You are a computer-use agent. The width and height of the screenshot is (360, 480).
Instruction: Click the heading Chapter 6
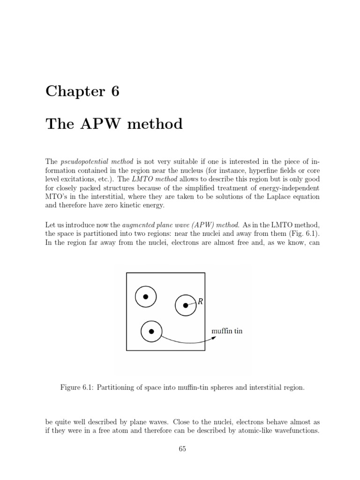coord(82,91)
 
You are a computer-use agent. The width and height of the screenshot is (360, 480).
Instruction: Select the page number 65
coord(182,449)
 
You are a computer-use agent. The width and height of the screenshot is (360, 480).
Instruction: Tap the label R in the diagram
coord(200,301)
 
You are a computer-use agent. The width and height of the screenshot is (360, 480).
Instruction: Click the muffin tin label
coord(227,331)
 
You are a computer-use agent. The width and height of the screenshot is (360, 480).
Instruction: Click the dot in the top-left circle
coord(146,297)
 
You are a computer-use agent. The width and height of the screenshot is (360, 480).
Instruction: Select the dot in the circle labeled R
coord(186,306)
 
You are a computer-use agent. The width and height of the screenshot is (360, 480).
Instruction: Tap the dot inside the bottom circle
coord(151,331)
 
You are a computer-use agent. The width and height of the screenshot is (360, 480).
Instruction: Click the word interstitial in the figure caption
coord(268,388)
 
